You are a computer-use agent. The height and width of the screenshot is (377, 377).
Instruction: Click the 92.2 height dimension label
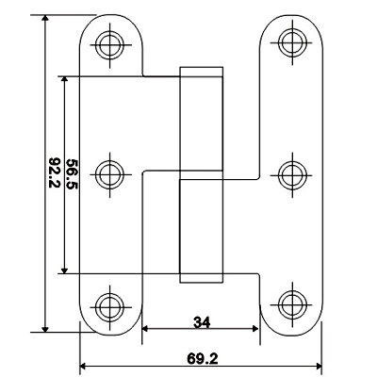[55, 172]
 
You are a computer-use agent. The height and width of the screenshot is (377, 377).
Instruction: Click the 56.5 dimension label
[73, 174]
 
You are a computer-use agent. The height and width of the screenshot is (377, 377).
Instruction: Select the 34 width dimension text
[202, 322]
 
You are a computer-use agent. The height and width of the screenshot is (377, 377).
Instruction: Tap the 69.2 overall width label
[203, 358]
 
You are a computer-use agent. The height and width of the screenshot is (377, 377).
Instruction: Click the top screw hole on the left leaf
[109, 44]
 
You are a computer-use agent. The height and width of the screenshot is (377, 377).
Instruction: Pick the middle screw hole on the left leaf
[109, 174]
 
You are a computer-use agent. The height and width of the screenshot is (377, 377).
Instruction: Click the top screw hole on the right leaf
[292, 42]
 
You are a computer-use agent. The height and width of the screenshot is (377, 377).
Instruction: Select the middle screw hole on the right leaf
[292, 175]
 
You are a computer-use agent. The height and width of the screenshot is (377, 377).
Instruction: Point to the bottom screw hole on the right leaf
[292, 304]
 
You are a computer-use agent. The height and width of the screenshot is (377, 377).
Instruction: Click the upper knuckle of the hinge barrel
[201, 123]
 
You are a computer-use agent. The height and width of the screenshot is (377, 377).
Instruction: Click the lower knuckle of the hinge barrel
[201, 231]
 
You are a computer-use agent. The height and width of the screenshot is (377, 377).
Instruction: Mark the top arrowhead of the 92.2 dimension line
[45, 18]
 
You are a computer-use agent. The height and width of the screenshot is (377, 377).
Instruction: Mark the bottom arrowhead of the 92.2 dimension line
[45, 328]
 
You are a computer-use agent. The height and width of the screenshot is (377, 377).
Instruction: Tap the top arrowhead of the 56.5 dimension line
[64, 80]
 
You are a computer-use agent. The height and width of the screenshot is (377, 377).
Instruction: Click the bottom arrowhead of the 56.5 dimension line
[64, 270]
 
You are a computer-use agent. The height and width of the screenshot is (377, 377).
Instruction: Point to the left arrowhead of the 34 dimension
[146, 329]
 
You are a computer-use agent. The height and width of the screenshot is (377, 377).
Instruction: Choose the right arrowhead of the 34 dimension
[255, 329]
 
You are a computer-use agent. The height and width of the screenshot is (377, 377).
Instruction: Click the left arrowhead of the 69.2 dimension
[84, 367]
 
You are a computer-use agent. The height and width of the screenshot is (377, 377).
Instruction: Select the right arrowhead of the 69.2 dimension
[319, 367]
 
